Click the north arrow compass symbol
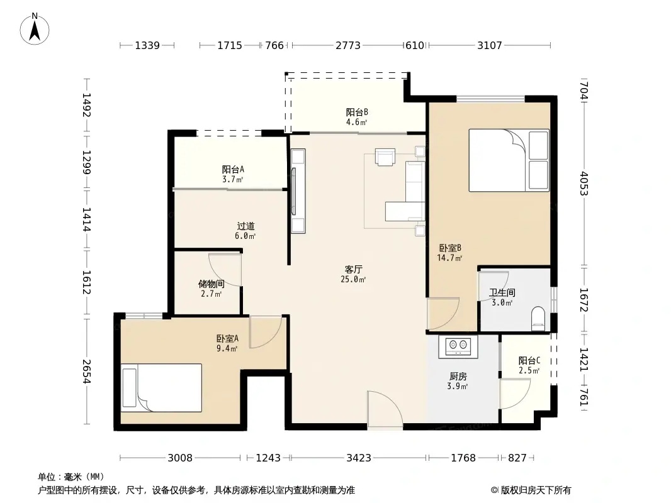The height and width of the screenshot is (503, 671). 35,29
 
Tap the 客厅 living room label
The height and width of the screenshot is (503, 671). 354,269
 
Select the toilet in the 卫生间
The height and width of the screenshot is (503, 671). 538,318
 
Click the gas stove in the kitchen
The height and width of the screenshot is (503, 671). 458,346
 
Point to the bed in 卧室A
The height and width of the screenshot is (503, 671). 161,387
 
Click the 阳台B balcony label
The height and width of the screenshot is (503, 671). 357,112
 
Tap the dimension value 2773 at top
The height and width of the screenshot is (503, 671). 348,45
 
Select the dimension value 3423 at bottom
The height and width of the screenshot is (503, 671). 359,458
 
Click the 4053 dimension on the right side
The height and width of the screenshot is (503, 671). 584,184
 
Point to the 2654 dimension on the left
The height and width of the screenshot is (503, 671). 86,371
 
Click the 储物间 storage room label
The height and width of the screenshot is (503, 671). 211,284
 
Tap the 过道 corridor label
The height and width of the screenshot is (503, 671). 245,226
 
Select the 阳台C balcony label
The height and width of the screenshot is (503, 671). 529,360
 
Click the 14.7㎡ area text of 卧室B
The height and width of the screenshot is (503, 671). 449,258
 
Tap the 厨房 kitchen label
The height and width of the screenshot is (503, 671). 458,377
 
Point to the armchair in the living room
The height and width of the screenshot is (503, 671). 385,157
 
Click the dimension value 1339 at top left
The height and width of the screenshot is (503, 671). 147,45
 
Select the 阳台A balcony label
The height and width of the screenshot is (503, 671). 233,169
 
